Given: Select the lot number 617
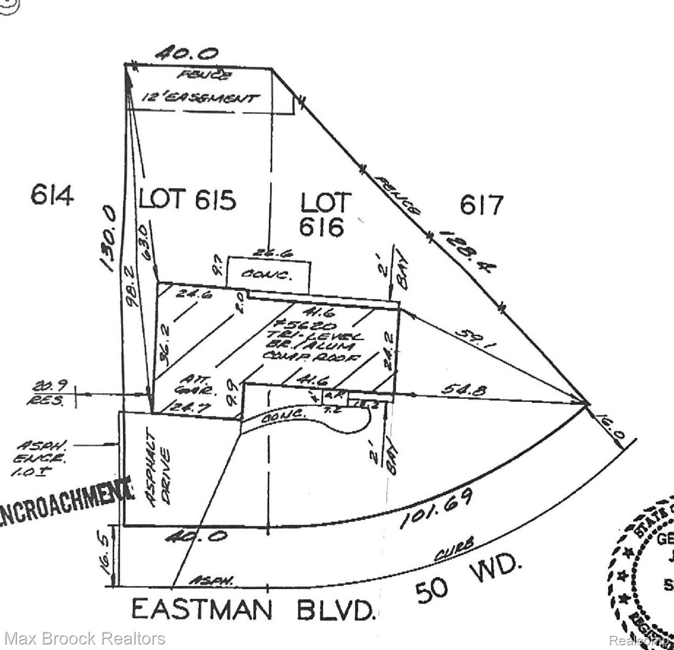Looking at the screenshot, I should click(481, 205).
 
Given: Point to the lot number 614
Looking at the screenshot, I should click(52, 196).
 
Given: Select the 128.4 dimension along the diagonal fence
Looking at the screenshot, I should click(466, 251).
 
